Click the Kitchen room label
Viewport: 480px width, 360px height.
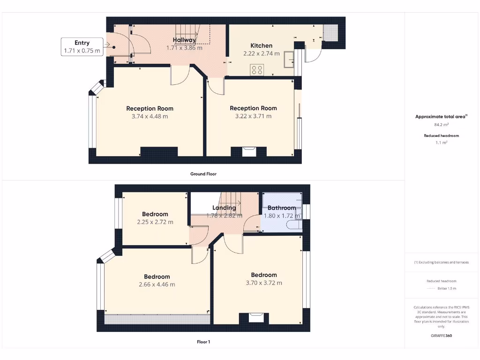(261, 45)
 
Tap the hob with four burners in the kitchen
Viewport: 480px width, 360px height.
(257, 70)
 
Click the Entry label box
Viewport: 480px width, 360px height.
(82, 47)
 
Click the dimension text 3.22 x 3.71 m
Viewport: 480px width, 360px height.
(253, 116)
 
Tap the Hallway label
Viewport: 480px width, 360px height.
(184, 40)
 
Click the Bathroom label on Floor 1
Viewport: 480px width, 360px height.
(282, 208)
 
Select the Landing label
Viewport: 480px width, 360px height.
(224, 208)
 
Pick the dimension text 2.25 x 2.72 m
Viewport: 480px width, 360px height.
(155, 222)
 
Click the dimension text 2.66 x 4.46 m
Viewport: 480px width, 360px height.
(157, 284)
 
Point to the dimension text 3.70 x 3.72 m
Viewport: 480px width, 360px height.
(264, 283)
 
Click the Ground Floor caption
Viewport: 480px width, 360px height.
(203, 174)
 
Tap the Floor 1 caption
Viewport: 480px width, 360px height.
(203, 342)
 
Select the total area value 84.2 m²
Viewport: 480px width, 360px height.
(441, 125)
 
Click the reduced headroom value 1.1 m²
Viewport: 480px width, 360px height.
(441, 142)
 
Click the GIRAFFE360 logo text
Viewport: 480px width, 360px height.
(441, 336)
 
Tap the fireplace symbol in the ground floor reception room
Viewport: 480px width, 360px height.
(249, 151)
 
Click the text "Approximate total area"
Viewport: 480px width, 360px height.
(440, 117)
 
